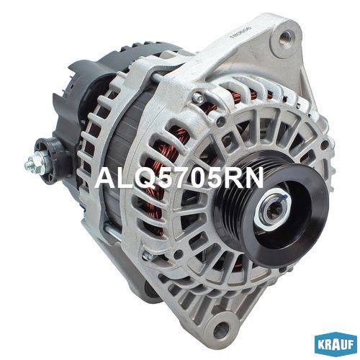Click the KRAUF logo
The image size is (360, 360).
336,345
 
